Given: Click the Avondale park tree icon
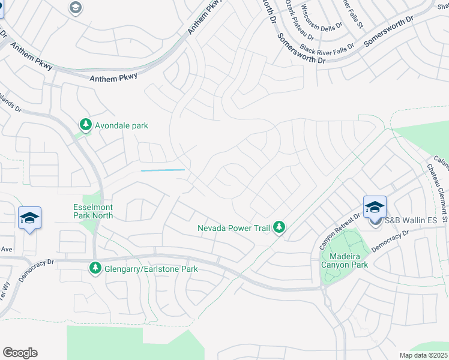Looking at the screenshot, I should pos(86,125).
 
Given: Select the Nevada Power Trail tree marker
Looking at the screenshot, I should pos(279,227).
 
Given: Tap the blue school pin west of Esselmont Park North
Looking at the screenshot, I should pos(29,218).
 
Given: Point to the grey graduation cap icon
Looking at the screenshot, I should pos(76,7).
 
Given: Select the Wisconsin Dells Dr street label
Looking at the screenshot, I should pos(322,18).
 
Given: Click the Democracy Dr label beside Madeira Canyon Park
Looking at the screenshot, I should pos(390,239).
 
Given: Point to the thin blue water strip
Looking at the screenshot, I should pos(163,170).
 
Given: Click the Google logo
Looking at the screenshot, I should pos(20,352).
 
